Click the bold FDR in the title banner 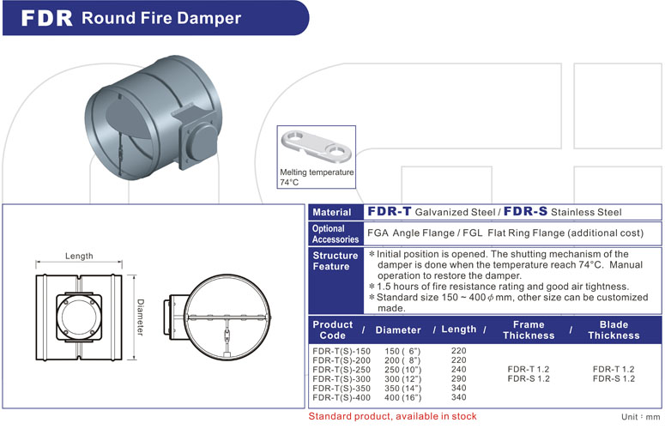[48, 18]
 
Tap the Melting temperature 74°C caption [317, 177]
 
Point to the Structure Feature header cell [335, 261]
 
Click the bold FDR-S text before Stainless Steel [526, 211]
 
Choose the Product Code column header [333, 329]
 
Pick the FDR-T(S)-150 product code [342, 351]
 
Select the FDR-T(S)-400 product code [342, 397]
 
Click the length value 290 [458, 378]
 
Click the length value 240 [458, 369]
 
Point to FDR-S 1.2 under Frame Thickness [528, 378]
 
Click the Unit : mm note [642, 415]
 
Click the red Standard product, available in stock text [393, 416]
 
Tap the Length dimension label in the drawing [79, 256]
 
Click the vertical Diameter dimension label [139, 317]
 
